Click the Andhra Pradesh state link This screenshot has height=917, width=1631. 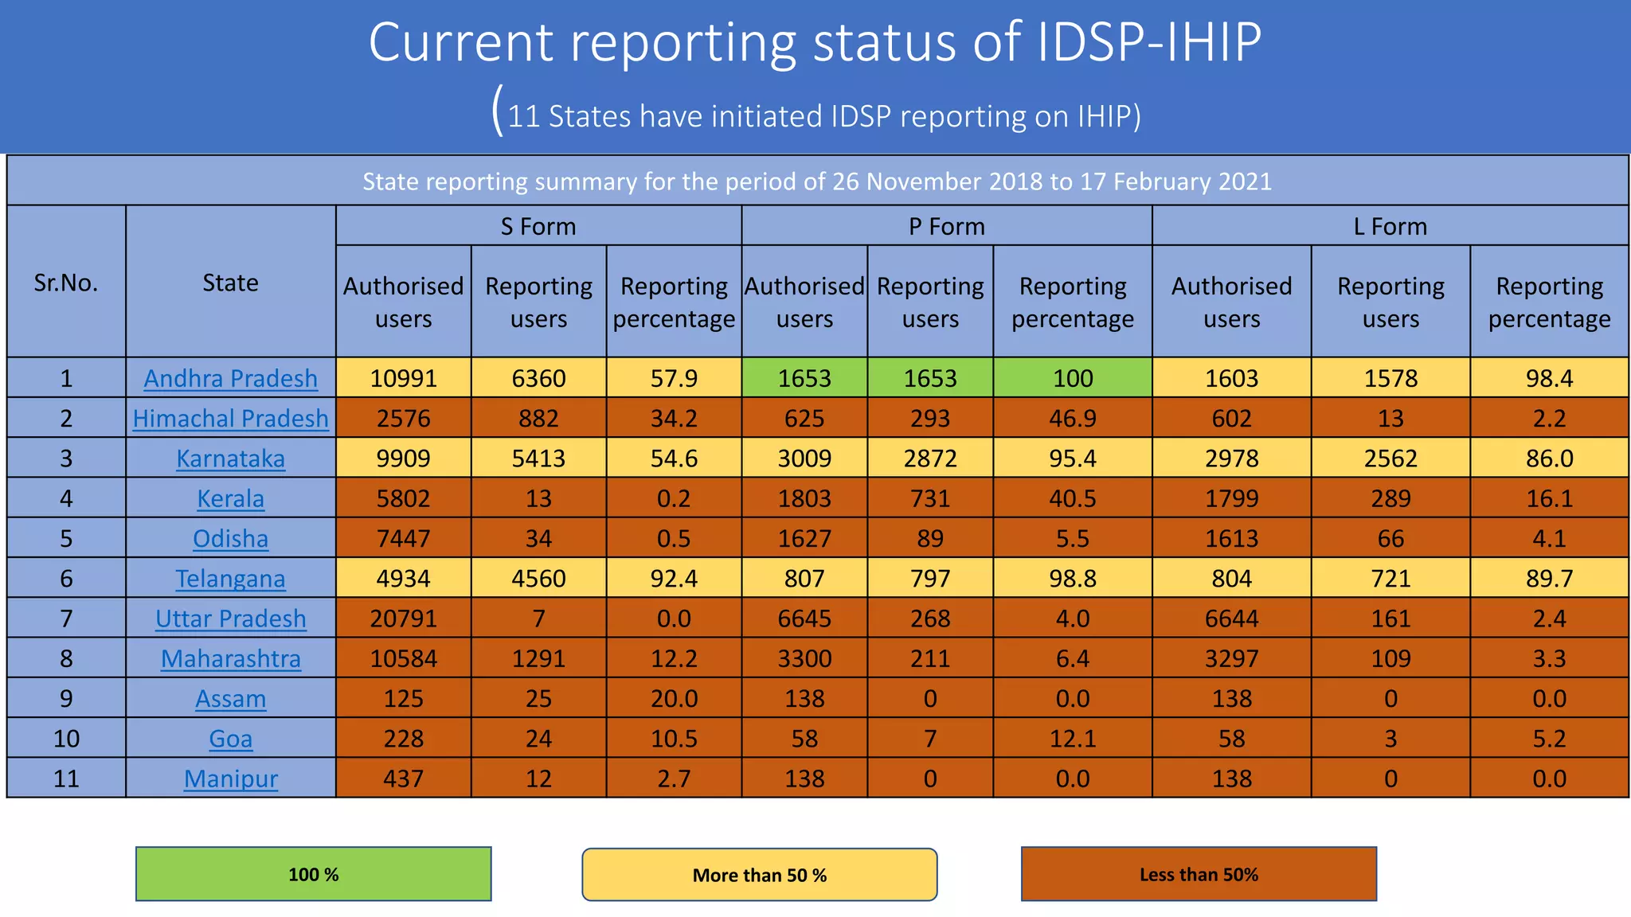pos(230,378)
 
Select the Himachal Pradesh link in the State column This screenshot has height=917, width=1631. pos(230,418)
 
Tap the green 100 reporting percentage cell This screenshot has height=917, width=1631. pos(1072,378)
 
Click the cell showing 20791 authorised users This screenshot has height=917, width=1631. pos(403,618)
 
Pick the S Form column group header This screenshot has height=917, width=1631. pos(538,226)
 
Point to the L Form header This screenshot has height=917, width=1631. pos(1390,226)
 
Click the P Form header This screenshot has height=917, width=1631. pos(946,226)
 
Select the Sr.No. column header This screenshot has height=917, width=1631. pos(66,283)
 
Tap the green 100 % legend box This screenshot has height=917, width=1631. pos(313,874)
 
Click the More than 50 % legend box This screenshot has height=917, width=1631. pos(759,875)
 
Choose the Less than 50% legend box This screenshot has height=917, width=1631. pos(1199,874)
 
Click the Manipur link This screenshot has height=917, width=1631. pos(230,778)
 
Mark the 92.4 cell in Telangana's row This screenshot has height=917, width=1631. pos(674,578)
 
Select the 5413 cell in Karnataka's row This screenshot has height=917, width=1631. pos(538,458)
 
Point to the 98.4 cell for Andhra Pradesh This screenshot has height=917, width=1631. pos(1549,378)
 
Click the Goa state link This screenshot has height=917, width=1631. pos(230,739)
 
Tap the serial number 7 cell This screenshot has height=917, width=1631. pos(66,618)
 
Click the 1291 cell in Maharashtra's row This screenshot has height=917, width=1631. pos(538,658)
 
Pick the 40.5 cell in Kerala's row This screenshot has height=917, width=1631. pos(1072,498)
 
